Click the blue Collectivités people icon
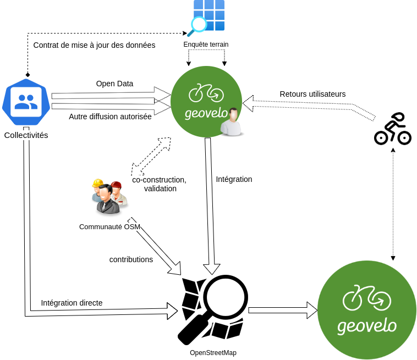(26, 102)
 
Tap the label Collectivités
(26, 135)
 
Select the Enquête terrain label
(206, 44)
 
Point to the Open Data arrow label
(114, 84)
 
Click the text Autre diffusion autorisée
(110, 117)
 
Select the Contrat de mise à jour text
(94, 45)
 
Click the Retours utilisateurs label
(312, 94)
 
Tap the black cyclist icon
(393, 129)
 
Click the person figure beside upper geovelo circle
(231, 122)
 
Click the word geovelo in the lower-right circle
(366, 325)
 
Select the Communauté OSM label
(109, 226)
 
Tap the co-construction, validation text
(160, 184)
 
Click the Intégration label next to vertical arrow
(234, 179)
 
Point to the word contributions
(131, 259)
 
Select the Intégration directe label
(72, 303)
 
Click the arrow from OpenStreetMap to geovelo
(282, 310)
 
